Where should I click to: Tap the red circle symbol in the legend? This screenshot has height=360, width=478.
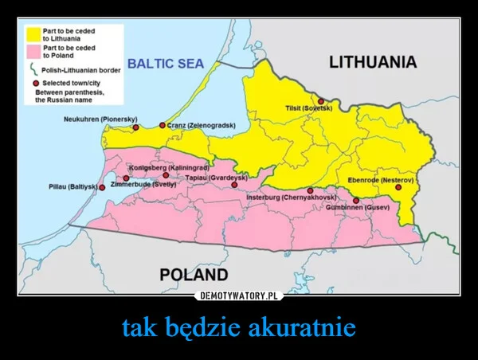[x=35, y=83]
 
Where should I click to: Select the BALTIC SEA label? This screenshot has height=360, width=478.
[x=166, y=63]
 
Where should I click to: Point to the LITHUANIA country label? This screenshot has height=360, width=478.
[x=374, y=61]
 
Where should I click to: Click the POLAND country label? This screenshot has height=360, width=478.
[x=194, y=274]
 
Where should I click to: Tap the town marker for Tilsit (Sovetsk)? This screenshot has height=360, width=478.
[x=320, y=101]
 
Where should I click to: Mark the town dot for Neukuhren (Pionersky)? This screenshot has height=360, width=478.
[x=135, y=127]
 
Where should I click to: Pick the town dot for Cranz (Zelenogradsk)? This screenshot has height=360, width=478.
[x=163, y=125]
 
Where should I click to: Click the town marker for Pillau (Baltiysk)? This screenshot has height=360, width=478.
[x=101, y=186]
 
